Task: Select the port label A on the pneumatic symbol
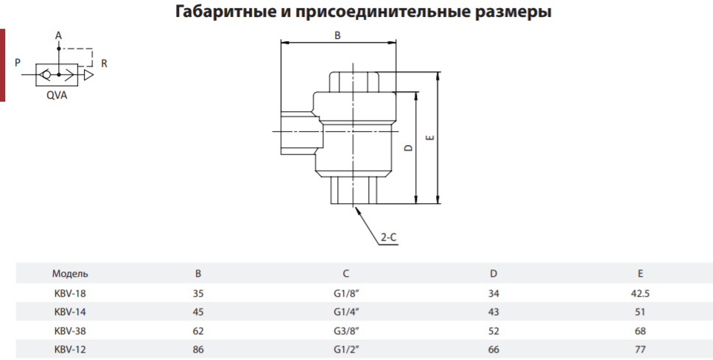pos(58,35)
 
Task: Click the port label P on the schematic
pos(18,63)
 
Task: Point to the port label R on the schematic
pos(104,63)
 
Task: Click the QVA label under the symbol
pos(57,96)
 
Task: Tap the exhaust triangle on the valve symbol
pos(88,74)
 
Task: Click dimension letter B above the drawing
pos(337,35)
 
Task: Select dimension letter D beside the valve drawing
pos(408,148)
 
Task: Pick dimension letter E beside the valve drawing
pos(431,137)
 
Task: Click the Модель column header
pos(70,274)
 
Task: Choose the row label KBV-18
pos(69,294)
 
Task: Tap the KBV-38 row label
pos(69,331)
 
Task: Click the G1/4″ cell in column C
pos(346,312)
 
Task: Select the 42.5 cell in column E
pos(640,294)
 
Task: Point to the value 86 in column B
pos(198,350)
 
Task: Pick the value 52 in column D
pos(494,331)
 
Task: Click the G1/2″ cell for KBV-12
pos(346,350)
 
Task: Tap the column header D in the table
pos(494,274)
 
